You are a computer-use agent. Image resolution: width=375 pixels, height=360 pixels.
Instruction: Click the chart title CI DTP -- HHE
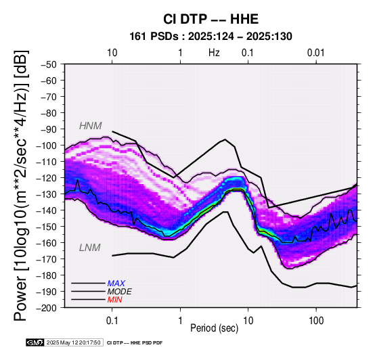[x=211, y=19]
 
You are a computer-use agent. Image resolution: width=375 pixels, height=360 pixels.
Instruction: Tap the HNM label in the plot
[x=91, y=126]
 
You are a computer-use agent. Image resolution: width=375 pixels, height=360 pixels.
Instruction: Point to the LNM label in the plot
[x=89, y=248]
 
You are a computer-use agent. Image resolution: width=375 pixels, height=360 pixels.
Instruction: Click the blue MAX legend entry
[x=116, y=284]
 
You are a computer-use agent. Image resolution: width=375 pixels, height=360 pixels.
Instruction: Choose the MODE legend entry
[x=119, y=292]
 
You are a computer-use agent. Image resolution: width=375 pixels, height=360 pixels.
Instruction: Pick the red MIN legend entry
[x=114, y=300]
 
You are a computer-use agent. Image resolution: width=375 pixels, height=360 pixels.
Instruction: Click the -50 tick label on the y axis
[x=49, y=64]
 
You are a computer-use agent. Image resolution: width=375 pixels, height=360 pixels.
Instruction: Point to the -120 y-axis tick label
[x=47, y=178]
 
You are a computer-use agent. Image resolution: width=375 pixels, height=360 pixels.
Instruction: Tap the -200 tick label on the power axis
[x=47, y=308]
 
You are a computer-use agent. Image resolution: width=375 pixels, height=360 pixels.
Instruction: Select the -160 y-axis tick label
[x=47, y=243]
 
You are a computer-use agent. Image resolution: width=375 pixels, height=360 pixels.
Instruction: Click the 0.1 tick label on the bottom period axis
[x=112, y=321]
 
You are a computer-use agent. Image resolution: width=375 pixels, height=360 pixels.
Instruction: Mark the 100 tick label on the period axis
[x=316, y=321]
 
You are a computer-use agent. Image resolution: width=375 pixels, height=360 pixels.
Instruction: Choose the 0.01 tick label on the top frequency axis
[x=316, y=53]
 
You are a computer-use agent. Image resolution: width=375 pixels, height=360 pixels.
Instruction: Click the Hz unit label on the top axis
[x=214, y=53]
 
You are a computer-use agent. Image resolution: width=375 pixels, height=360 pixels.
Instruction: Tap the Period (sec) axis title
[x=215, y=328]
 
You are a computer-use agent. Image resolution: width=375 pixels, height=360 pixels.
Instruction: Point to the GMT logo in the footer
[x=35, y=342]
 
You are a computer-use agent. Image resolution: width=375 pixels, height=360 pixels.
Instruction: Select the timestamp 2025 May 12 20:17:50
[x=73, y=342]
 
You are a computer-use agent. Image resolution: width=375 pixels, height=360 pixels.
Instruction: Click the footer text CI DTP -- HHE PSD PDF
[x=135, y=343]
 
